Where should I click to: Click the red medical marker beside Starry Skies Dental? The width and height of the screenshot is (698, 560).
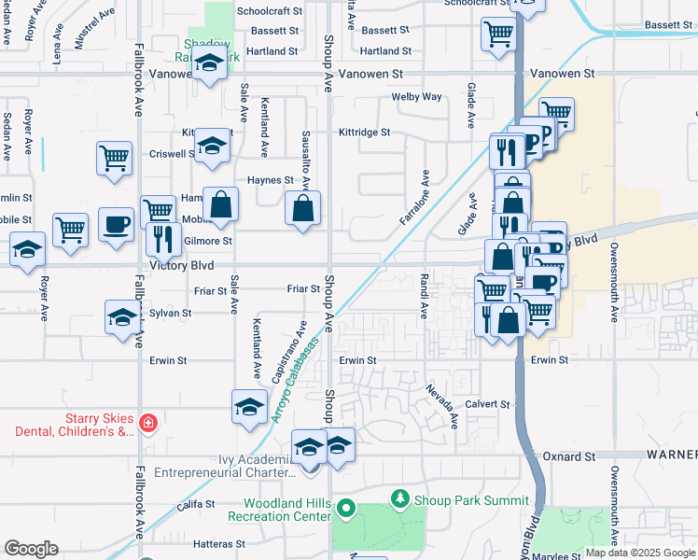coord(147,424)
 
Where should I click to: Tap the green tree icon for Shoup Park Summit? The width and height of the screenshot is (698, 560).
coord(400,500)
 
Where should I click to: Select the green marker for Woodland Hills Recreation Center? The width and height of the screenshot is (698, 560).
coord(346,510)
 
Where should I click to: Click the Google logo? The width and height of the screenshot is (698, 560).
coord(31,548)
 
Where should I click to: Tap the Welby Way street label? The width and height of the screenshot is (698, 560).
coord(416,97)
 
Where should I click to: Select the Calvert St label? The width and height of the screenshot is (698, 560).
coord(488,405)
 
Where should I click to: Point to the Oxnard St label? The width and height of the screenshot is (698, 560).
coord(568,456)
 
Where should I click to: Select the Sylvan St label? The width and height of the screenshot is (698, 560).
coord(170,314)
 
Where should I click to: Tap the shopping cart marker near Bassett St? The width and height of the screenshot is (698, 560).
coord(499,34)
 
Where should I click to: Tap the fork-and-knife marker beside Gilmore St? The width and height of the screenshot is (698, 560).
coord(163,238)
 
